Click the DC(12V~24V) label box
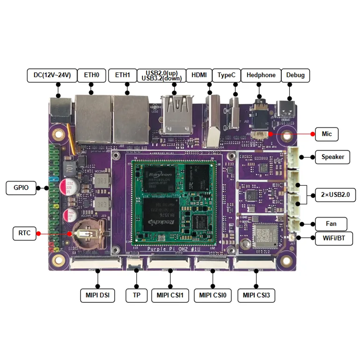click(x=52, y=75)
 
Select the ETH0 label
click(x=92, y=75)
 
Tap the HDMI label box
click(x=199, y=75)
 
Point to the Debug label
click(x=295, y=75)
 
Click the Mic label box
click(x=327, y=134)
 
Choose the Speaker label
click(x=333, y=157)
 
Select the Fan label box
click(x=331, y=224)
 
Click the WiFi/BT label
click(x=334, y=238)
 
